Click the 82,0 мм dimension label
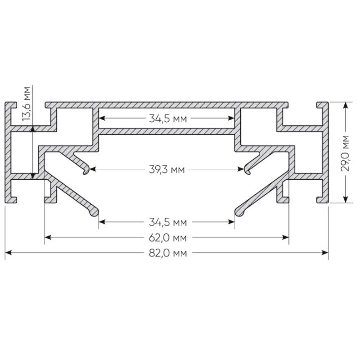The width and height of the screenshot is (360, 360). (x=167, y=253)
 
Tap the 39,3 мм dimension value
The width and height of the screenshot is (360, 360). (x=167, y=170)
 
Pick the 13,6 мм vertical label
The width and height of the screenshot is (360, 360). (x=28, y=104)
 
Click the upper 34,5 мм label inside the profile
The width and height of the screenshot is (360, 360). (x=167, y=119)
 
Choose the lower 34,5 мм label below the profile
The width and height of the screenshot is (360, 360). (x=167, y=220)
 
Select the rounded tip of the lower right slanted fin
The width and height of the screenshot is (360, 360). (x=239, y=214)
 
